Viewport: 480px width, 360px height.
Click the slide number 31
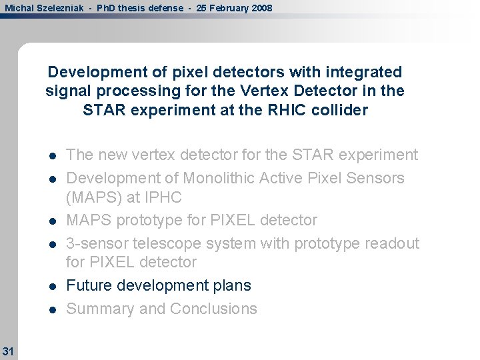(x=8, y=350)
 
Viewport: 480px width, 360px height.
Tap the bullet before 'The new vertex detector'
(x=52, y=156)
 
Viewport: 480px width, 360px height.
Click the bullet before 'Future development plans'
(x=52, y=287)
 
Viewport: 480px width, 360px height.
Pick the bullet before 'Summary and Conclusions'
(x=52, y=310)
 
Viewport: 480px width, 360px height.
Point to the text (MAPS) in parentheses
(x=93, y=198)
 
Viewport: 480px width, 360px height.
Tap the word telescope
(x=156, y=243)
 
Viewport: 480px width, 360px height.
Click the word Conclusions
(x=213, y=309)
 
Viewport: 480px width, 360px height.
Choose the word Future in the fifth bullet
(x=89, y=285)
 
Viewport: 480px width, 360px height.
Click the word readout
(x=393, y=243)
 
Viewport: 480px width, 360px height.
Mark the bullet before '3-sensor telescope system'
(x=52, y=245)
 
